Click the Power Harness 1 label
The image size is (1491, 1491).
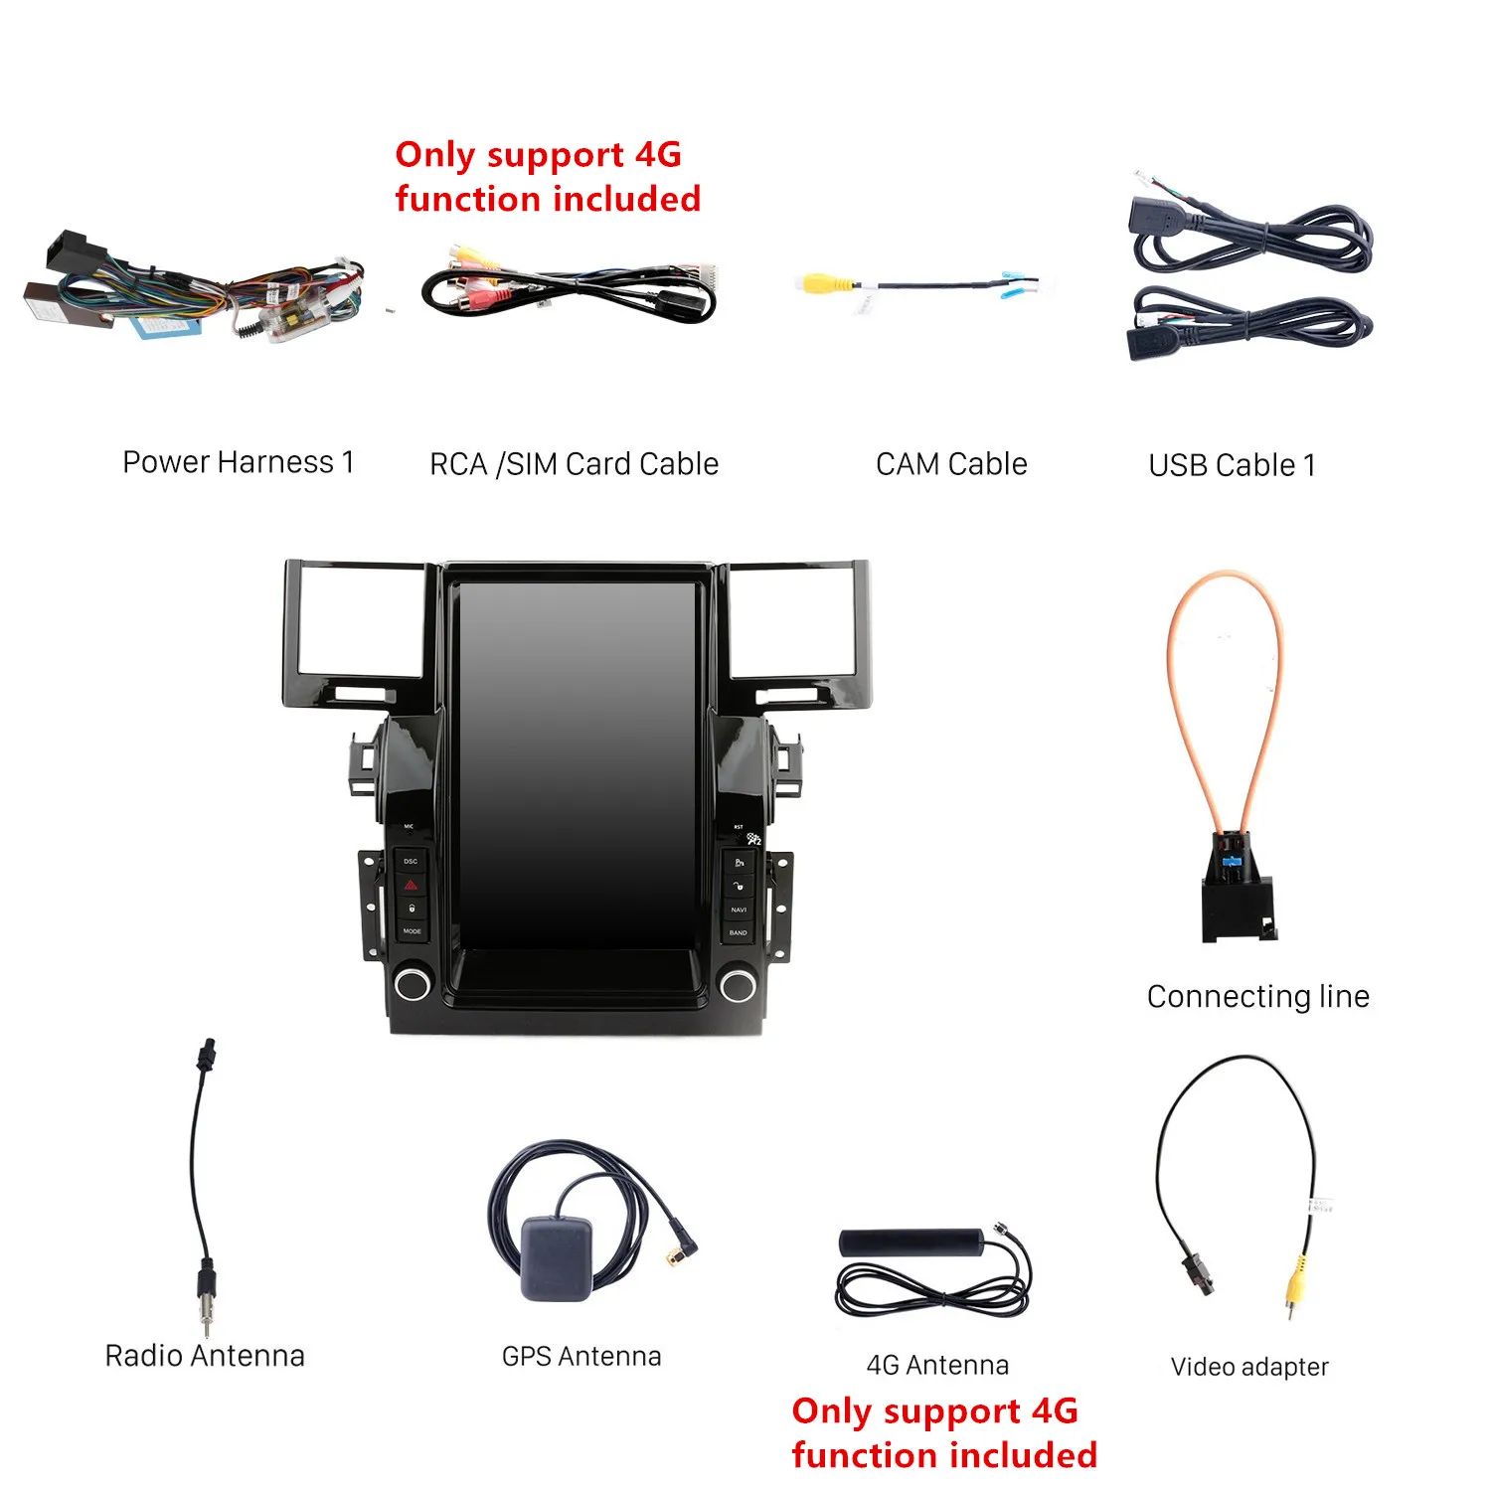click(x=238, y=462)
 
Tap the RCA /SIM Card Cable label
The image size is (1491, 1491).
click(x=574, y=464)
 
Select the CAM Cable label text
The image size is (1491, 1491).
click(x=951, y=464)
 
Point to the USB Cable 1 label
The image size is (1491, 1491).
click(x=1232, y=465)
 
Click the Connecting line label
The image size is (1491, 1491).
click(x=1257, y=996)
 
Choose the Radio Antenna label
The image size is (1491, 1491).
click(x=205, y=1356)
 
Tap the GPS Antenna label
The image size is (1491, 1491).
click(x=581, y=1357)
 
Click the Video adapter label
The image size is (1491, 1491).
click(x=1249, y=1367)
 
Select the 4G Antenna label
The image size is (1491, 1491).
click(x=937, y=1365)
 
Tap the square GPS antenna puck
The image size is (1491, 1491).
click(x=557, y=1258)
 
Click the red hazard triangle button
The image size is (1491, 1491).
click(x=411, y=885)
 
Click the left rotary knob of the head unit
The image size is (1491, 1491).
click(x=412, y=985)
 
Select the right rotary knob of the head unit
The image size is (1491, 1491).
click(x=738, y=985)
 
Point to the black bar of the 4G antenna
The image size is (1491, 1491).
click(x=911, y=1242)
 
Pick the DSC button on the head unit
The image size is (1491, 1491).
click(x=411, y=861)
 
